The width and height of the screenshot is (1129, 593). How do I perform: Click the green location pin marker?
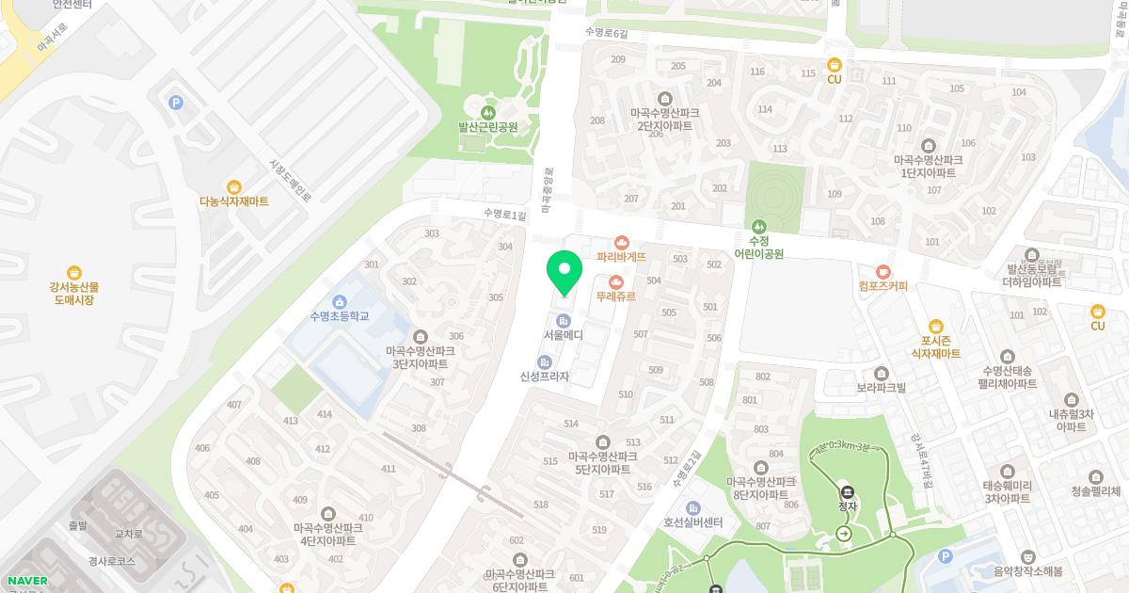(564, 273)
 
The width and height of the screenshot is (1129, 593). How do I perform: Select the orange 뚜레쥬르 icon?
(616, 281)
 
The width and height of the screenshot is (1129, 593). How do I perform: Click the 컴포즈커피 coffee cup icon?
(883, 272)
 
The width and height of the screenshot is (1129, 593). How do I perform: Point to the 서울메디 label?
(564, 335)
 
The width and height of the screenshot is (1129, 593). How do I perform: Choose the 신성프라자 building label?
(545, 377)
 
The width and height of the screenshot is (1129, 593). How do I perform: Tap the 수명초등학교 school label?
(339, 316)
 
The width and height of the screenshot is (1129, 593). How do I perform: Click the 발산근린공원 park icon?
(488, 113)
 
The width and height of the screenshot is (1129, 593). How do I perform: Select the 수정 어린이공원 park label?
(759, 247)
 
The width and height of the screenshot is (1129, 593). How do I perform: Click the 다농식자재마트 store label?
(234, 201)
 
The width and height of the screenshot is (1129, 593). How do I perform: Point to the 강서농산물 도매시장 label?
(74, 293)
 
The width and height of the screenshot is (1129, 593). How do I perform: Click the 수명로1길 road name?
(504, 216)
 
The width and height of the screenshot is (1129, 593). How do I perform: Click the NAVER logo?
(26, 580)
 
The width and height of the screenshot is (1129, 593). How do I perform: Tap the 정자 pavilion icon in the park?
(847, 491)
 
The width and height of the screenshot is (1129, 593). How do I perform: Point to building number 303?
(432, 233)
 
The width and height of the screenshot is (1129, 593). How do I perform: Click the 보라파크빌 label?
(881, 387)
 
